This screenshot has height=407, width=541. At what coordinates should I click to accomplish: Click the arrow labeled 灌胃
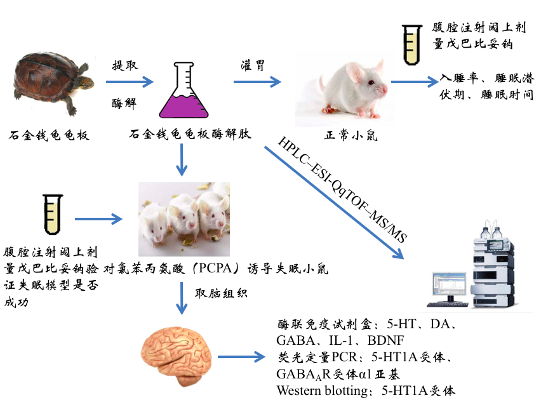(257, 81)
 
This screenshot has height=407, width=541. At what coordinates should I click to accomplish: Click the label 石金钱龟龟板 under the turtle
(50, 135)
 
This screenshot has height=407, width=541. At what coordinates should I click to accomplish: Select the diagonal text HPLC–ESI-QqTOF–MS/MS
(342, 189)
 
